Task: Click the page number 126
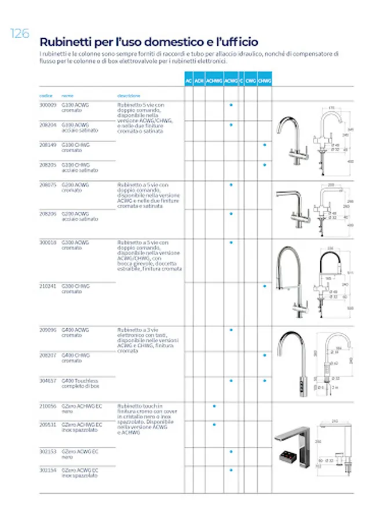point(19,34)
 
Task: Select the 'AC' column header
point(189,81)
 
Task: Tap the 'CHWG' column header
point(265,81)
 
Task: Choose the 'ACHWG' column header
point(214,81)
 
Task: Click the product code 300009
point(47,105)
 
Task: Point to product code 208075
point(47,185)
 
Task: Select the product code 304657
point(47,380)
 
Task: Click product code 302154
point(47,470)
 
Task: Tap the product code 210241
point(47,286)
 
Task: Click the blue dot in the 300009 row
point(231,105)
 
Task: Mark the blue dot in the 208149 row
point(265,145)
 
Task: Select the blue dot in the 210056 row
point(214,406)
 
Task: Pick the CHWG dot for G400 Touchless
point(265,381)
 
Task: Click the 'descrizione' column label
point(129,96)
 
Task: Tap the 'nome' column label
point(68,96)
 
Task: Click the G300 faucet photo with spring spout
point(290,281)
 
